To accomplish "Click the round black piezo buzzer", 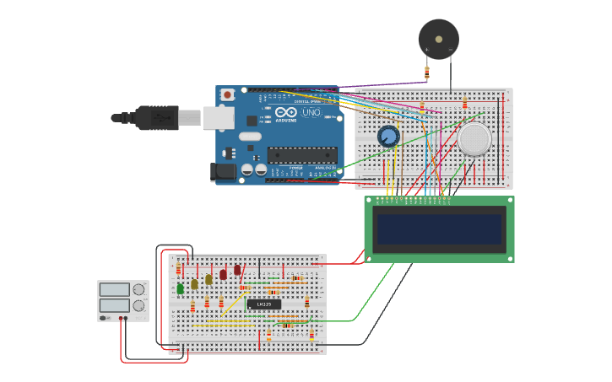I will [x=438, y=39].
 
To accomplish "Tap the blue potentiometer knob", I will [x=388, y=136].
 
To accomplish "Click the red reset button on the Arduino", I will [x=227, y=95].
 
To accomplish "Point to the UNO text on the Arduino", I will [x=311, y=112].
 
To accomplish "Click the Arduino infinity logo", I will [x=285, y=113].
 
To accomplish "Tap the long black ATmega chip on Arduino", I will [x=302, y=154].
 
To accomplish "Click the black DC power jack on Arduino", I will [x=223, y=171].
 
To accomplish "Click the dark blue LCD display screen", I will [x=439, y=229].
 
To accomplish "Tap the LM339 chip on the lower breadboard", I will [x=263, y=304].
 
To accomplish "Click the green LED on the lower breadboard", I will [x=180, y=289].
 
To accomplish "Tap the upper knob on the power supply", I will [x=138, y=289].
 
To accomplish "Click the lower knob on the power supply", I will [x=138, y=305].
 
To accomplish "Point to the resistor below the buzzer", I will [x=426, y=73].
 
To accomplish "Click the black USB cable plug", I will [x=156, y=116].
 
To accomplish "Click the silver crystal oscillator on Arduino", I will [x=249, y=136].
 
